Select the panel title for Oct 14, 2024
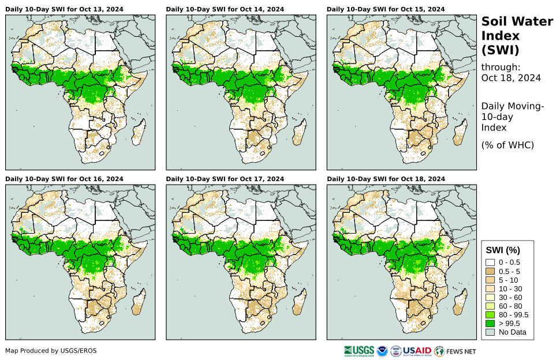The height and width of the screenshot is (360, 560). click(x=225, y=9)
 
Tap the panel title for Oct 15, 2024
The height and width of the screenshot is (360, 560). click(x=386, y=9)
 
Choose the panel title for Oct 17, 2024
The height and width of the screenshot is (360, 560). click(x=225, y=179)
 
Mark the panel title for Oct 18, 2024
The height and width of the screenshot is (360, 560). click(x=386, y=179)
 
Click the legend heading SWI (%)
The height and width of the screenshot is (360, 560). click(x=503, y=250)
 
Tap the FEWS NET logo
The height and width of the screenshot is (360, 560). click(x=456, y=350)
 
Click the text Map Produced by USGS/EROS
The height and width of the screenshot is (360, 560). click(x=51, y=351)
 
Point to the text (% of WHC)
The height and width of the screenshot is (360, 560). click(x=507, y=145)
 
